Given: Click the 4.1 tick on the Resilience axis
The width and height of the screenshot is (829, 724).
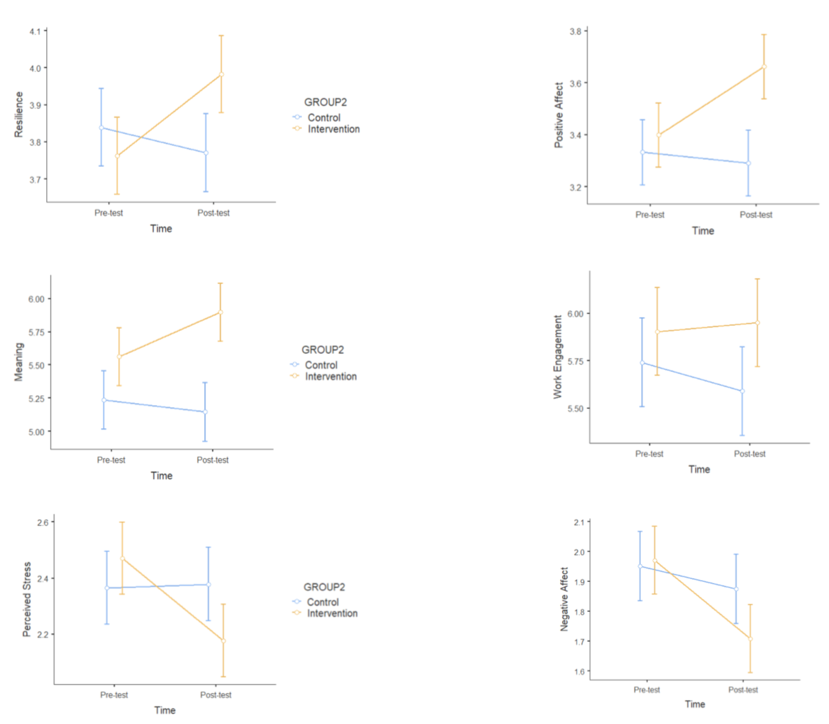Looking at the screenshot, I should pyautogui.click(x=35, y=31).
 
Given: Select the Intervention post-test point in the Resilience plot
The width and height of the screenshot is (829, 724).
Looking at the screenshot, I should pyautogui.click(x=222, y=74).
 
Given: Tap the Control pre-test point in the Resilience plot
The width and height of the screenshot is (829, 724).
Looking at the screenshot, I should pyautogui.click(x=102, y=128).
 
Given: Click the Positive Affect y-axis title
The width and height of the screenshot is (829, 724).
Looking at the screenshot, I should pyautogui.click(x=559, y=115).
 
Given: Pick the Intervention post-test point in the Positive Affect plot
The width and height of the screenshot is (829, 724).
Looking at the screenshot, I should pyautogui.click(x=764, y=67).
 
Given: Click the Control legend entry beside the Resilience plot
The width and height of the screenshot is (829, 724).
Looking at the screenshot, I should pyautogui.click(x=324, y=118).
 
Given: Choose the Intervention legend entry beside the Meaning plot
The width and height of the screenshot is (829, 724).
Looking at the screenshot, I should pyautogui.click(x=330, y=377).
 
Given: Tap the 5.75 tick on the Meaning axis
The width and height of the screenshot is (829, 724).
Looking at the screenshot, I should pyautogui.click(x=36, y=332).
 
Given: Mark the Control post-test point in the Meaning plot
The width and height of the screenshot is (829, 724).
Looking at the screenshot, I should pyautogui.click(x=205, y=412).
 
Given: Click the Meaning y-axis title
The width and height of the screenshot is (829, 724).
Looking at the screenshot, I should pyautogui.click(x=18, y=362).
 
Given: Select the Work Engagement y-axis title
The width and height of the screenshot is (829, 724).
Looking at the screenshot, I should pyautogui.click(x=558, y=357).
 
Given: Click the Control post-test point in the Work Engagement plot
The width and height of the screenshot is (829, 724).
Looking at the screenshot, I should pyautogui.click(x=742, y=391).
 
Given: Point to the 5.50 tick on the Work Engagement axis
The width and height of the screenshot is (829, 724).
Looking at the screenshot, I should pyautogui.click(x=575, y=408).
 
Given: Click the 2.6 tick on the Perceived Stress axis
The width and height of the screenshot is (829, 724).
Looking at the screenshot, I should pyautogui.click(x=43, y=522).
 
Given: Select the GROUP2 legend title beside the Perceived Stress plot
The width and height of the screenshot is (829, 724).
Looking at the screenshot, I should pyautogui.click(x=324, y=587).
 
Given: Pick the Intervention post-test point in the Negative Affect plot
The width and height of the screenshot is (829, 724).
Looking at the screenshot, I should pyautogui.click(x=750, y=639).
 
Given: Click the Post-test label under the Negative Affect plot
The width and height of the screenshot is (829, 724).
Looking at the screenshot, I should pyautogui.click(x=743, y=690).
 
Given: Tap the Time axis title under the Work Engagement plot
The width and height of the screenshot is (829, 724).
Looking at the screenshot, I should pyautogui.click(x=699, y=469).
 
